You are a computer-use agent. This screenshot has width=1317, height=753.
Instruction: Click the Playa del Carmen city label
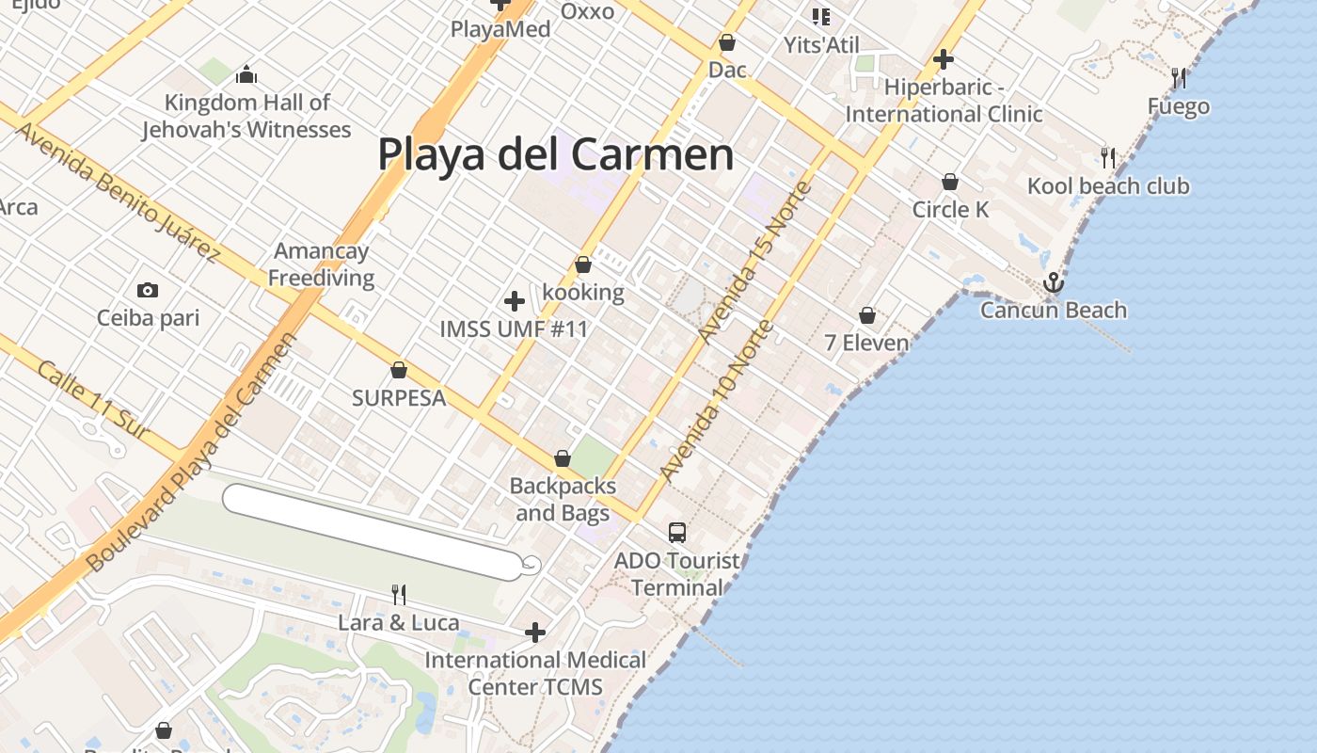(x=555, y=154)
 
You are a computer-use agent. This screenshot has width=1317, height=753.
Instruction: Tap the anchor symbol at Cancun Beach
(x=1053, y=282)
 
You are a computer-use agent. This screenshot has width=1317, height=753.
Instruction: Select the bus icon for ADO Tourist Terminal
(x=677, y=533)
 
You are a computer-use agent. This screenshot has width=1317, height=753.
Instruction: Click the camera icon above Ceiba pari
(x=148, y=290)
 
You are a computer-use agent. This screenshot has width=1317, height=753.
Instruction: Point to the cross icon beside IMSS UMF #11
(x=515, y=301)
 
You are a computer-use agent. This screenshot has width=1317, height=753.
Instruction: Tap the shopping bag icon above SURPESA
(x=399, y=370)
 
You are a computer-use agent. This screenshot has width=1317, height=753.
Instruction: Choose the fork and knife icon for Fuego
(x=1178, y=78)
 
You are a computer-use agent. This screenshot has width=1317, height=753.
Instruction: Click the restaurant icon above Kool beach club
(x=1108, y=157)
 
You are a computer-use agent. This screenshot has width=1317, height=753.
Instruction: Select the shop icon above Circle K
(x=950, y=182)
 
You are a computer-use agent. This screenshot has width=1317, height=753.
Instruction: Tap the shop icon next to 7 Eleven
(x=867, y=315)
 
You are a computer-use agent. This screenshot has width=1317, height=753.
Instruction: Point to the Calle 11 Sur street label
(x=93, y=399)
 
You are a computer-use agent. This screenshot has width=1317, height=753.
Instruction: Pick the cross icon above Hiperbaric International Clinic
(x=944, y=60)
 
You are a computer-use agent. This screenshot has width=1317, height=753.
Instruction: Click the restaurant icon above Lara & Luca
(x=399, y=594)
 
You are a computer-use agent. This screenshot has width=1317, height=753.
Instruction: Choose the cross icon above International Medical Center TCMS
(x=535, y=633)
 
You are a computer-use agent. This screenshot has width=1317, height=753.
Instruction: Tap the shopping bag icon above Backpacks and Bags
(x=563, y=458)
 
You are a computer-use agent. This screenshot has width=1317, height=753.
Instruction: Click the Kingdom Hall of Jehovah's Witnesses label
(x=246, y=116)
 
